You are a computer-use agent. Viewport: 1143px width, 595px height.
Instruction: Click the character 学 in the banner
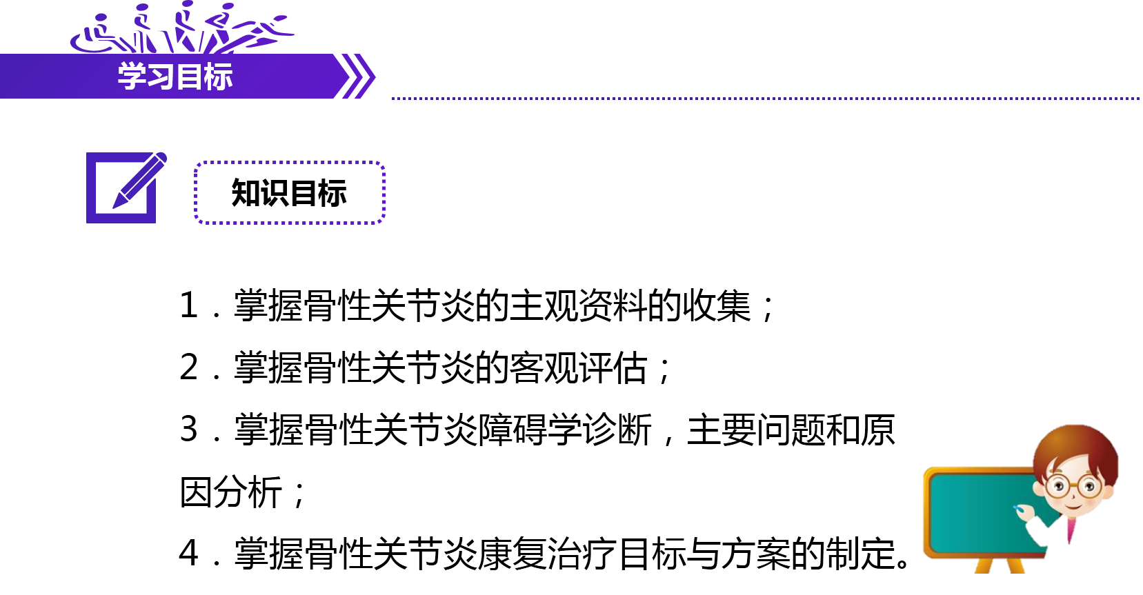(131, 77)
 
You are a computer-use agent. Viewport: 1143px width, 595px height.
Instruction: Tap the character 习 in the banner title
(160, 77)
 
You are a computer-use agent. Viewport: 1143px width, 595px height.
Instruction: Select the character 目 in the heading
(189, 77)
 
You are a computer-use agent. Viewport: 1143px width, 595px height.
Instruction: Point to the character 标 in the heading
(219, 77)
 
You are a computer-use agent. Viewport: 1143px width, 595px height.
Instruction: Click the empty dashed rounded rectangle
(289, 192)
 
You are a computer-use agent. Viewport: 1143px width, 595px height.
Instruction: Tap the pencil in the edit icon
(141, 181)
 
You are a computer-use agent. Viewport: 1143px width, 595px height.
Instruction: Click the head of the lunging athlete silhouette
(228, 7)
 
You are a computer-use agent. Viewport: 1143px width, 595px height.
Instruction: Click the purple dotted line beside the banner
(759, 99)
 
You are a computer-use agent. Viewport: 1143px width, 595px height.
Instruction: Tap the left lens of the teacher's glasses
(1057, 486)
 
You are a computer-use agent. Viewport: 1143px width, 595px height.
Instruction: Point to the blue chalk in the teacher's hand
(1016, 508)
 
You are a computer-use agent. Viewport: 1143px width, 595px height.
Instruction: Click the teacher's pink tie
(1071, 531)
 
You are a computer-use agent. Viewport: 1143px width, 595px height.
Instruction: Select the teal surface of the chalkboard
(973, 514)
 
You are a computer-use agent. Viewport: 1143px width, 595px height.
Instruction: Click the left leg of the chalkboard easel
(982, 566)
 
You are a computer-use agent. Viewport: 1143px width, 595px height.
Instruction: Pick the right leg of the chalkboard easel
(1016, 566)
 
